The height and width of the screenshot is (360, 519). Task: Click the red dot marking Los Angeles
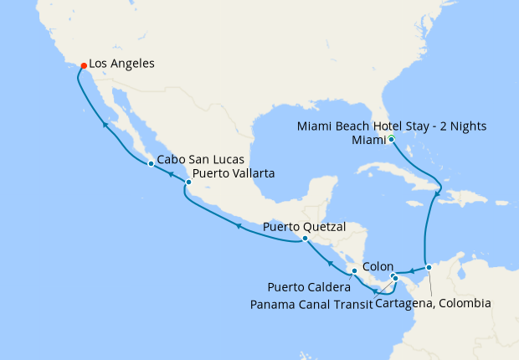tap(83, 65)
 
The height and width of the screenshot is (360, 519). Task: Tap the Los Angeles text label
tap(121, 64)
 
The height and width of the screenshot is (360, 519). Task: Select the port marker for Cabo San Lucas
tap(150, 163)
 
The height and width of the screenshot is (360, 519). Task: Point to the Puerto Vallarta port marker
tap(188, 182)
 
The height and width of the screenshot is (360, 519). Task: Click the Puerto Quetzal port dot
tap(305, 238)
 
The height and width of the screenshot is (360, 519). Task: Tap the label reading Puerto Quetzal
tap(304, 226)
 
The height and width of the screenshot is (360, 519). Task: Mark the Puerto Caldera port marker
tap(355, 271)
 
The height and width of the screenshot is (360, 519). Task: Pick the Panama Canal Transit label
tap(311, 304)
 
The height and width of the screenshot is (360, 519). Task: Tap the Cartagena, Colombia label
tap(433, 303)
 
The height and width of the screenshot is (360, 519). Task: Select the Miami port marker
tap(392, 139)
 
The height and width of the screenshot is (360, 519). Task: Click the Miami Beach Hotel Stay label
tap(392, 126)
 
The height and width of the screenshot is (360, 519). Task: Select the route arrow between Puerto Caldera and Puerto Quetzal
tap(331, 262)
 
